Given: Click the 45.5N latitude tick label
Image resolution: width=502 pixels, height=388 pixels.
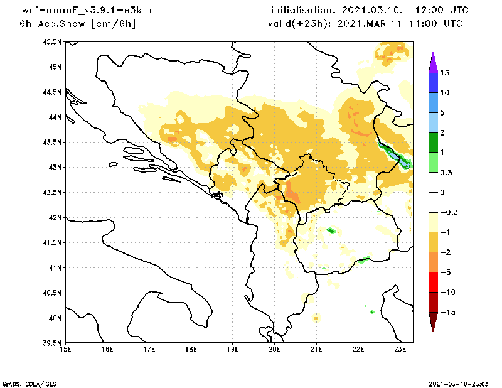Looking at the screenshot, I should coord(52,42).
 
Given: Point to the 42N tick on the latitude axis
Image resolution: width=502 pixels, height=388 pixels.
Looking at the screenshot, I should coord(55,218).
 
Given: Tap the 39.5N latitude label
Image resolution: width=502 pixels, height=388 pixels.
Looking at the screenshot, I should coord(52,343).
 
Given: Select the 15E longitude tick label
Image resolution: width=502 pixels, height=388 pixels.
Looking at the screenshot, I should coord(65,350).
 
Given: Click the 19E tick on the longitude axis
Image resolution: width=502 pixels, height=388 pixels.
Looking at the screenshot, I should coord(233,350).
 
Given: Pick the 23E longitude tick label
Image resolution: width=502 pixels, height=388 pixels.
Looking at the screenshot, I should coord(401,350).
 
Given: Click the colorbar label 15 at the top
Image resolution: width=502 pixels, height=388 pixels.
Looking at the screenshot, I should coord(444,73).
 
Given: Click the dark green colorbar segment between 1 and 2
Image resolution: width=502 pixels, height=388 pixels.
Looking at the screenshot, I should coord(433,143).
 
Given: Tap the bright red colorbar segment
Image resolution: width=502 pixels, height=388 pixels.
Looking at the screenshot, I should coord(433,283).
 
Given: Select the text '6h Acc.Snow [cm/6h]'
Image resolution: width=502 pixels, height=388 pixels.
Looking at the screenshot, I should coord(78,24).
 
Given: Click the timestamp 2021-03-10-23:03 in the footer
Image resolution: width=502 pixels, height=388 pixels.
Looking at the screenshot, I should coord(460,382).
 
